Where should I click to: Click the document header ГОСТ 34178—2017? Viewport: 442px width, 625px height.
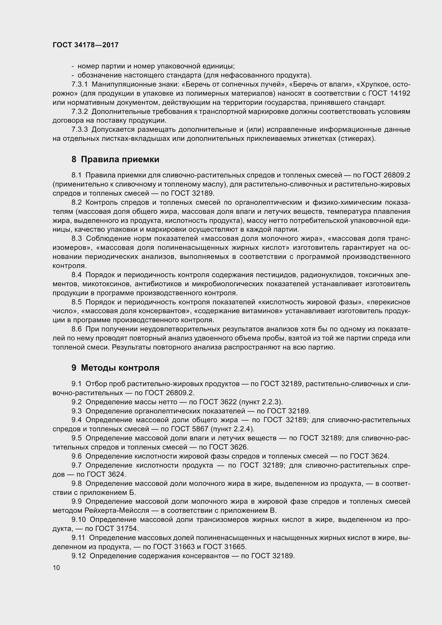pyautogui.click(x=86, y=45)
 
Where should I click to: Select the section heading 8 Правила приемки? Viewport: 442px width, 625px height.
pyautogui.click(x=115, y=159)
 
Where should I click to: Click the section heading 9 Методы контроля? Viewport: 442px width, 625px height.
pyautogui.click(x=115, y=368)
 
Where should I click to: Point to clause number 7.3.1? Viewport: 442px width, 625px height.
pyautogui.click(x=79, y=84)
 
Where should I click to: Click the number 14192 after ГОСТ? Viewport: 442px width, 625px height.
pyautogui.click(x=400, y=93)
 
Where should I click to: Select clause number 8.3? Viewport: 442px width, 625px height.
pyautogui.click(x=76, y=239)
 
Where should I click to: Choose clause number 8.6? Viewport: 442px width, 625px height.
pyautogui.click(x=76, y=329)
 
